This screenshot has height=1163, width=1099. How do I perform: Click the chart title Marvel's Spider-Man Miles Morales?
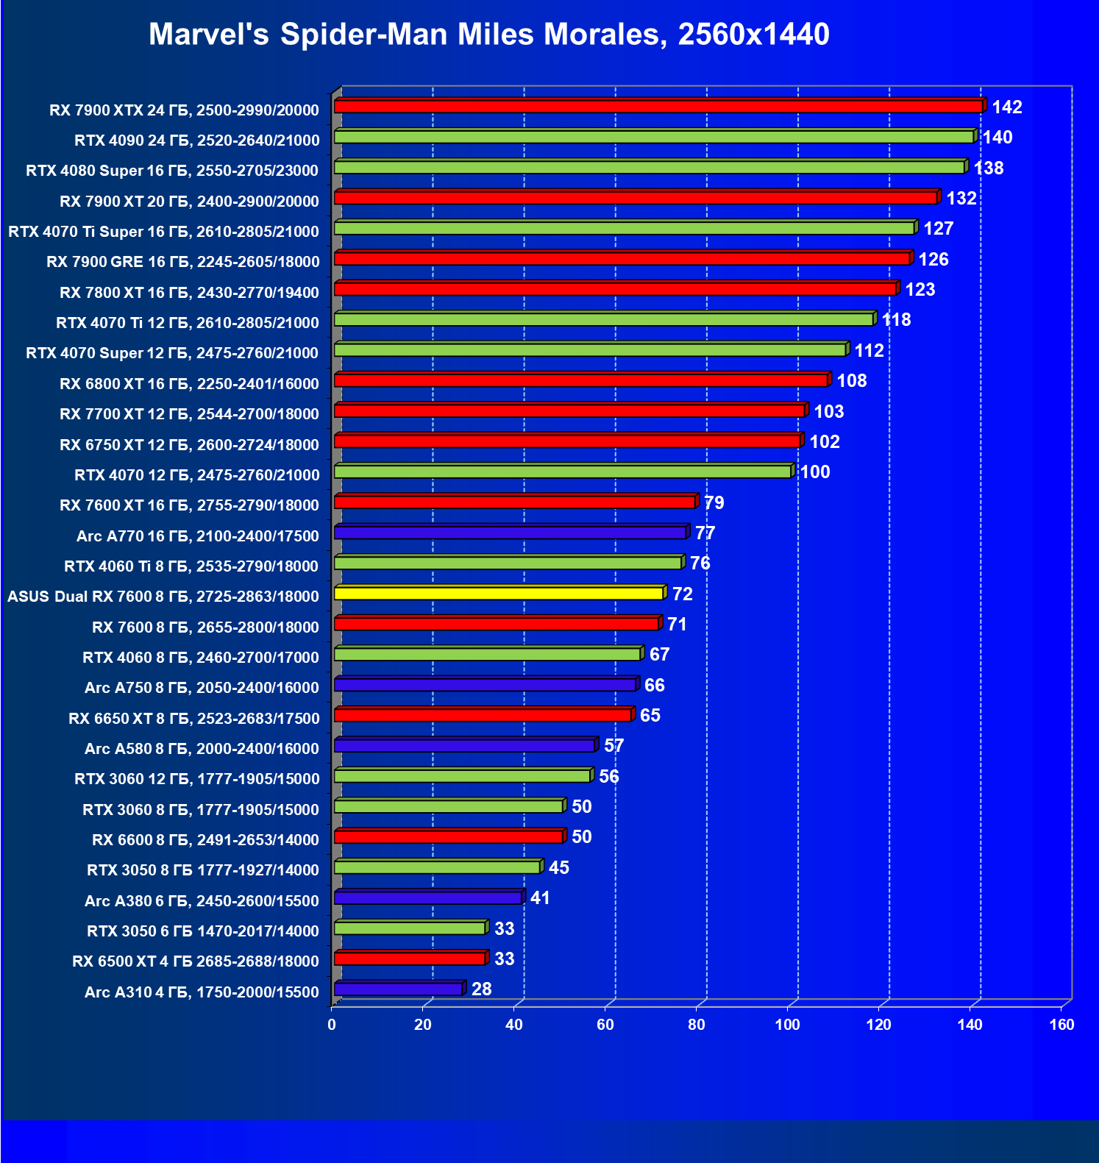tap(488, 35)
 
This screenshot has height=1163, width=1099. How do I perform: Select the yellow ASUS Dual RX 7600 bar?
tap(499, 594)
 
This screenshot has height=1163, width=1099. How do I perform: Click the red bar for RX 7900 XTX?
tap(658, 107)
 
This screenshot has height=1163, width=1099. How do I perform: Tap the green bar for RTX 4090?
tap(654, 137)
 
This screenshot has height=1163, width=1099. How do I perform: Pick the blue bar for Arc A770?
tap(511, 533)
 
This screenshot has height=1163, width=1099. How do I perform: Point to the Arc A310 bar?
tap(398, 989)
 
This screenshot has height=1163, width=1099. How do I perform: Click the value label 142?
tap(1006, 107)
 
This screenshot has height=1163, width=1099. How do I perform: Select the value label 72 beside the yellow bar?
tap(682, 594)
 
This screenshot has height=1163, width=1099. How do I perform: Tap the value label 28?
tap(481, 989)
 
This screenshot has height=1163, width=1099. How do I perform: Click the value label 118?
tap(896, 320)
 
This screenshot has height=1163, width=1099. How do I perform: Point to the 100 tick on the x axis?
tap(787, 1025)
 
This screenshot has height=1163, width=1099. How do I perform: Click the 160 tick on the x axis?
tap(1061, 1025)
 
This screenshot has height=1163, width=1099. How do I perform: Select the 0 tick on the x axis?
tap(332, 1025)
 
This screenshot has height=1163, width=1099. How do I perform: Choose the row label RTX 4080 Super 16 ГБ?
tap(172, 171)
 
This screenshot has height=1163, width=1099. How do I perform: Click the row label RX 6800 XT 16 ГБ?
tap(189, 384)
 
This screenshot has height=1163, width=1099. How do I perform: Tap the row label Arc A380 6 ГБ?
tap(202, 901)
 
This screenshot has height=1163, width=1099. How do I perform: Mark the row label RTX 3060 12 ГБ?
tap(196, 779)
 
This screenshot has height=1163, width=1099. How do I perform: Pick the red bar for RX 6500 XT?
tap(410, 959)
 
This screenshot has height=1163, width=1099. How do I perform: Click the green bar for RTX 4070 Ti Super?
tap(625, 228)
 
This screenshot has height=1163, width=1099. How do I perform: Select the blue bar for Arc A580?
tap(464, 746)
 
